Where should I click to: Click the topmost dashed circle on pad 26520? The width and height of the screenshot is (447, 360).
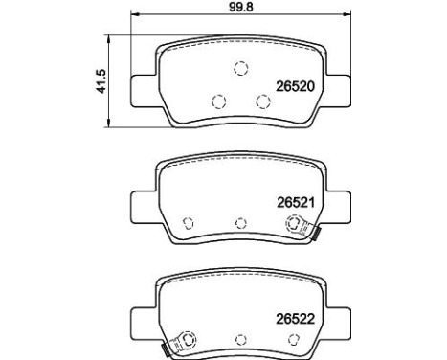[x=241, y=68]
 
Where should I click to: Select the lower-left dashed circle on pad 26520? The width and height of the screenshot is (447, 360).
[x=219, y=101]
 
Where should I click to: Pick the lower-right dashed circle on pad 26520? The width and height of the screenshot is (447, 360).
[x=262, y=101]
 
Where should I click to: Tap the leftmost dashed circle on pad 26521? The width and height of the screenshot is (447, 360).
[x=189, y=223]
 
